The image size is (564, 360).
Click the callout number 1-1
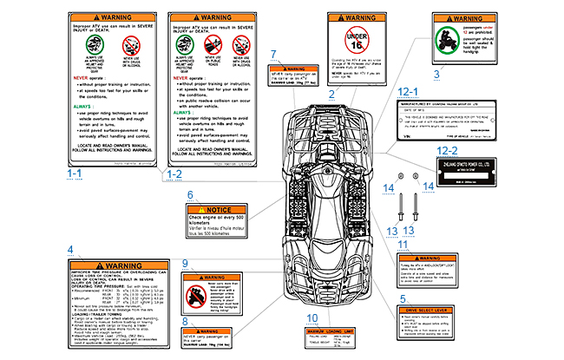click(75, 173)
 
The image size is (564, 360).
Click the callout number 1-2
click(172, 173)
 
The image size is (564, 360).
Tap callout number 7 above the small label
click(273, 54)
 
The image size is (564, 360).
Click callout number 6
click(189, 196)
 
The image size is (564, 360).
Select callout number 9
click(185, 263)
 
